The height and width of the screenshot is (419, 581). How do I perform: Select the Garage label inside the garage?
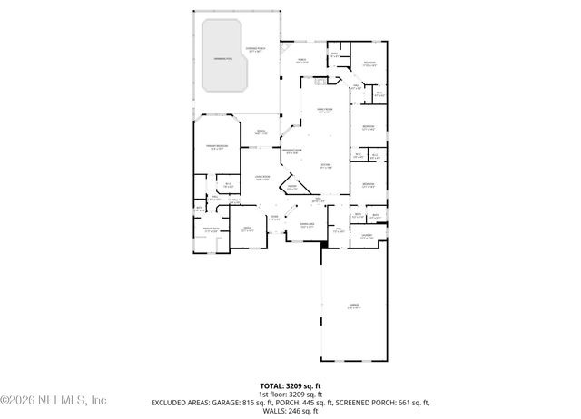355,307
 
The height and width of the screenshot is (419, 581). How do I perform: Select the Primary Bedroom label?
214,147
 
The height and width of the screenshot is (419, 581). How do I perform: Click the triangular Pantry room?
292,188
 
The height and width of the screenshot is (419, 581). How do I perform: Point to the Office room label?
247,230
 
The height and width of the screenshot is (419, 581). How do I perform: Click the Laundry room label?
367,237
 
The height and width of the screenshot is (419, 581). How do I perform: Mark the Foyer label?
273,218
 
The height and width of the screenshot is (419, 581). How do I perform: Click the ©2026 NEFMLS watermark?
54,400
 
